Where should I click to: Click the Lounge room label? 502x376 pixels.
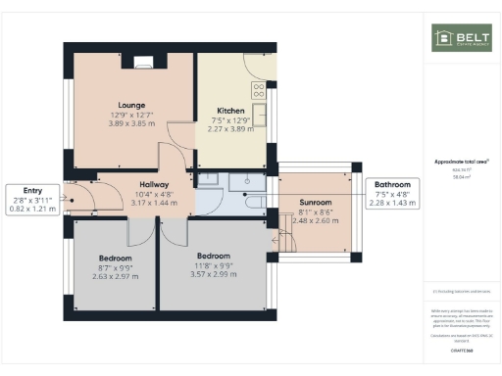point(131,105)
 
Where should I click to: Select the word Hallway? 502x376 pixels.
point(154,184)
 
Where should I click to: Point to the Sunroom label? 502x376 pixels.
point(315,202)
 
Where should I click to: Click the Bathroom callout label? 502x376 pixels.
point(391,184)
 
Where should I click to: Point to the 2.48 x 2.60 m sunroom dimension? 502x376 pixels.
point(315,220)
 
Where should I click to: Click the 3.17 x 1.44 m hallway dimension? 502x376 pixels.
point(154,203)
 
